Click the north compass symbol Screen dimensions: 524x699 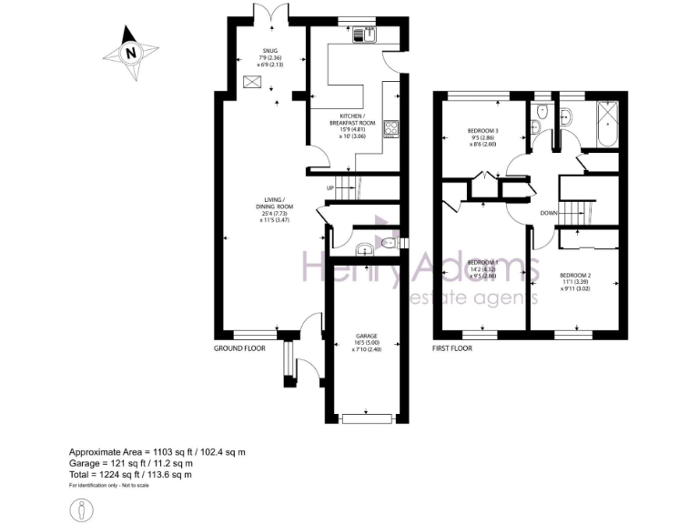click(130, 53)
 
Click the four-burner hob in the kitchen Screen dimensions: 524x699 click(392, 128)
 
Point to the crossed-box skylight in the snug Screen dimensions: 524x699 click(253, 83)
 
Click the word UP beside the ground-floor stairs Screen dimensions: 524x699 click(332, 188)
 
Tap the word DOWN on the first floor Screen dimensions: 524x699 click(548, 214)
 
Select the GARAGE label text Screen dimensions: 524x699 click(367, 337)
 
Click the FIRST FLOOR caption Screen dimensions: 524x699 click(453, 348)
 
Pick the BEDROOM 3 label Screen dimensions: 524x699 click(483, 129)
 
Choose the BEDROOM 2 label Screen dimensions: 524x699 click(575, 275)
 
